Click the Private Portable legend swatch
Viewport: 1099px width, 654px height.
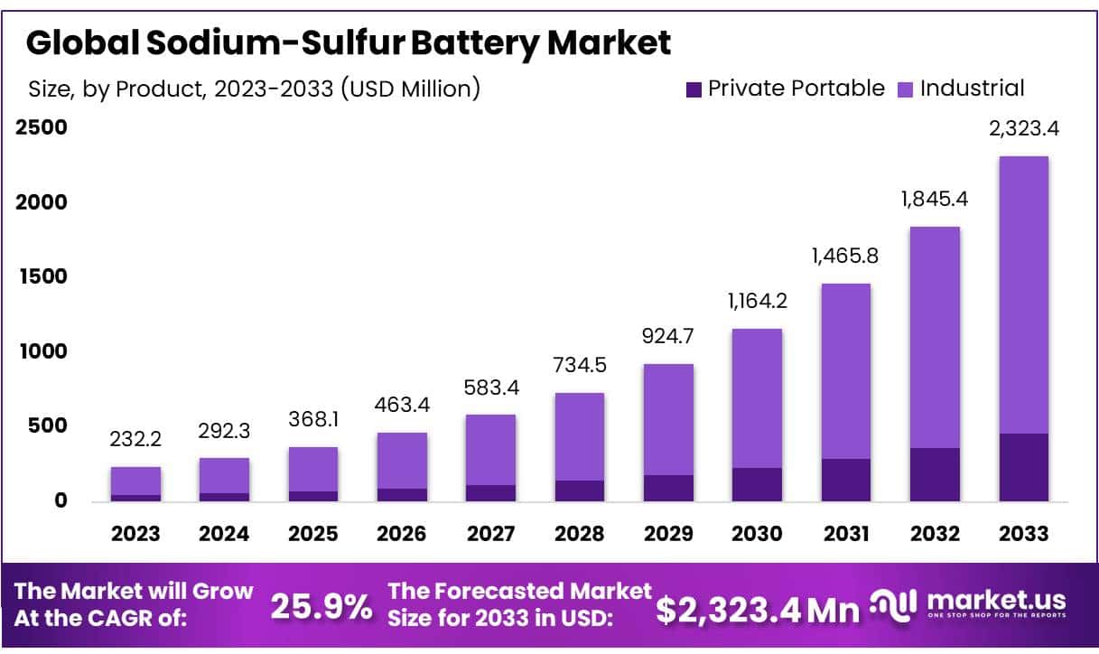(x=694, y=89)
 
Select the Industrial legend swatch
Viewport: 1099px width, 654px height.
(x=906, y=89)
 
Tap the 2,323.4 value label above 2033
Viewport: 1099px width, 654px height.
(x=1023, y=128)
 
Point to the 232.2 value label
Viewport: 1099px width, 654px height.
(x=135, y=439)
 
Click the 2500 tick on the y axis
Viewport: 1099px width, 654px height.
(x=42, y=127)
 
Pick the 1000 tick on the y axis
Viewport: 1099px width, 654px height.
(x=42, y=351)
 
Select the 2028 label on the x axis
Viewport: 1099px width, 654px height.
(x=580, y=534)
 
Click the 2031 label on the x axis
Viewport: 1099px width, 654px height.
(x=846, y=534)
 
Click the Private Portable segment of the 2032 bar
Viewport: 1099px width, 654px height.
(x=935, y=474)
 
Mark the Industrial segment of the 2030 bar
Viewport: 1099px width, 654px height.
(x=757, y=397)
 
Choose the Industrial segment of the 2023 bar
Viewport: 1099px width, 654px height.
(x=135, y=481)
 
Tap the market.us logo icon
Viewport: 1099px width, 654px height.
(x=894, y=603)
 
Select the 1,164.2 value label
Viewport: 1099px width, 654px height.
(x=757, y=300)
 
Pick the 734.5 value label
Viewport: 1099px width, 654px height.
(x=580, y=365)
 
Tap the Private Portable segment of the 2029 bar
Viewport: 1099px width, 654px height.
(x=668, y=488)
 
